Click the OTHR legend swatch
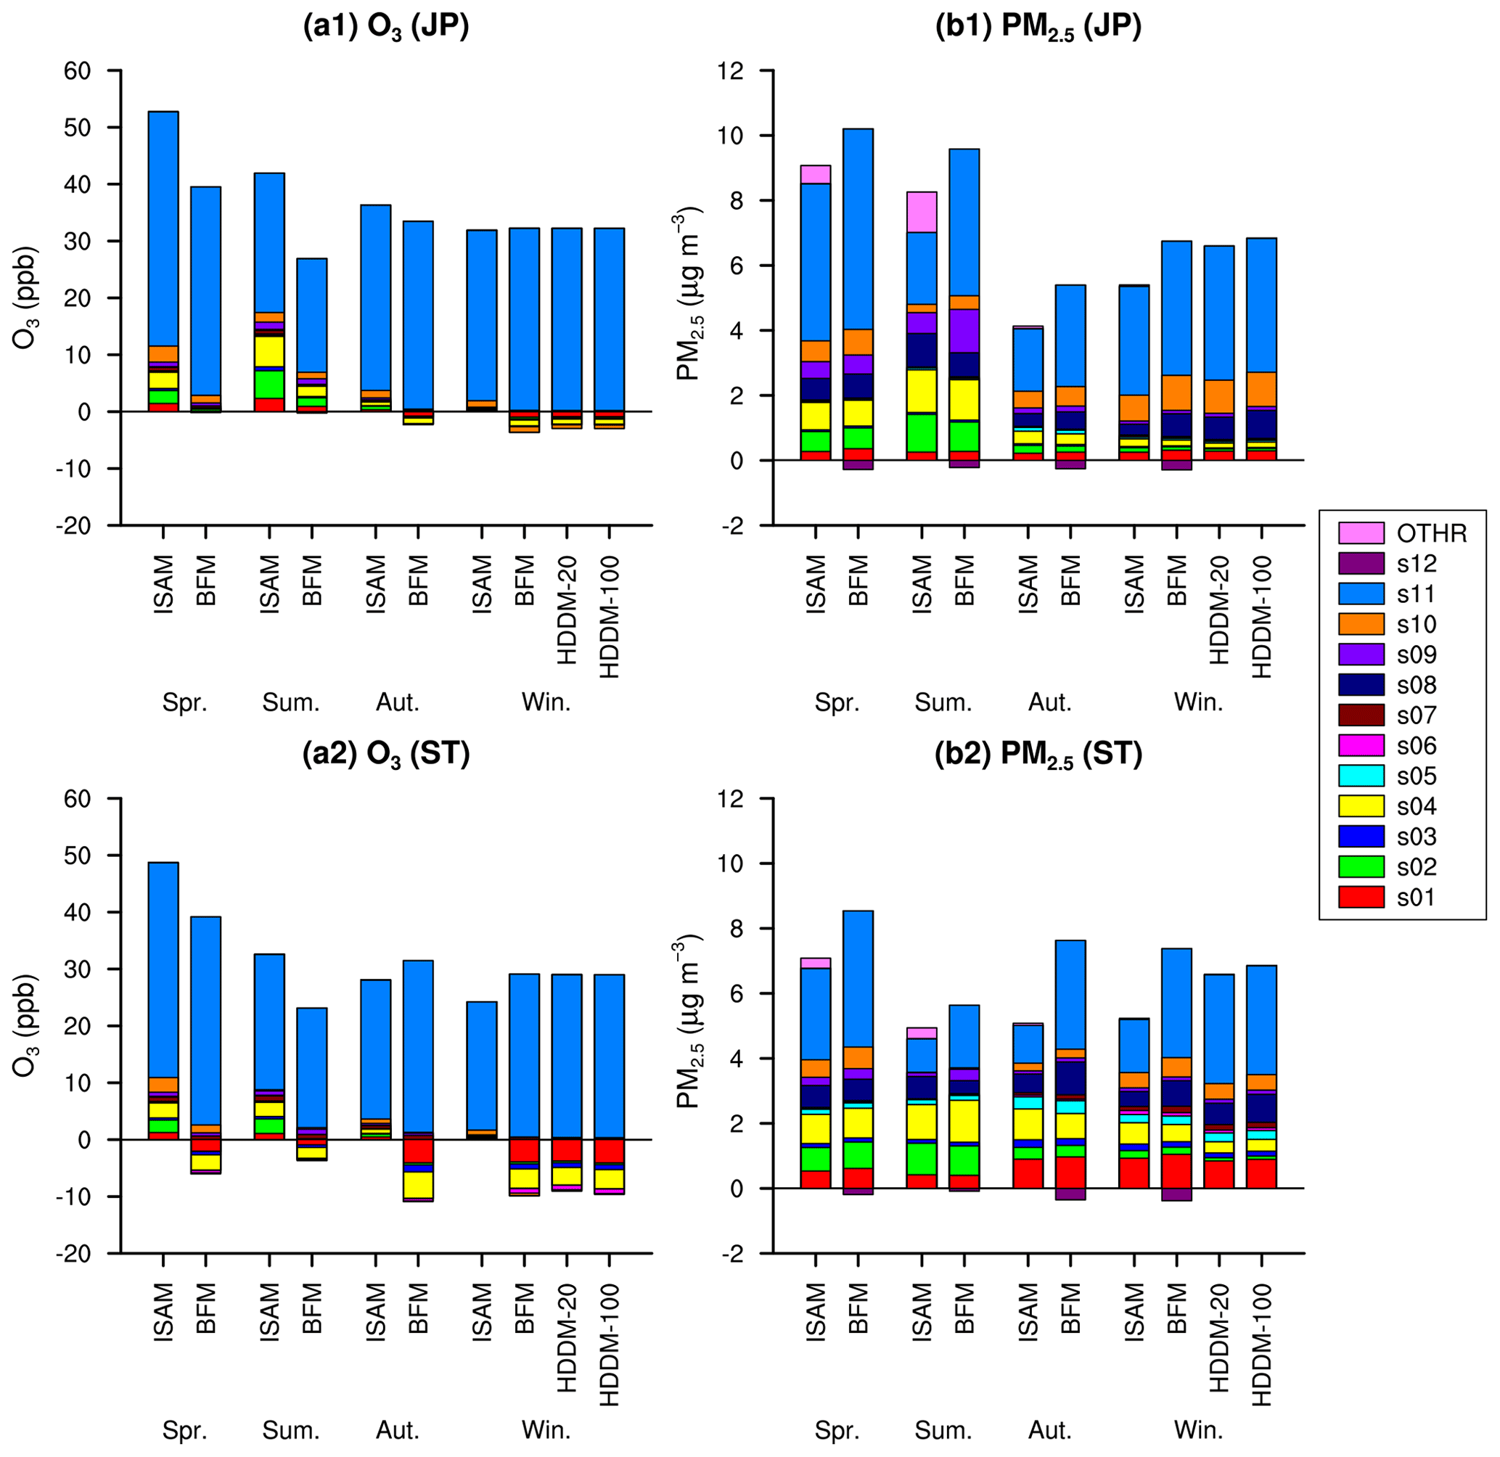point(1361,533)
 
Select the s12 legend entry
point(1361,563)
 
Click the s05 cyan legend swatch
point(1361,776)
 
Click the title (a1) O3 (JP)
point(386,28)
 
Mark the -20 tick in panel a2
point(72,1253)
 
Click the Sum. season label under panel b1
point(943,702)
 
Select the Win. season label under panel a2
point(546,1430)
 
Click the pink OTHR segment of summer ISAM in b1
point(922,212)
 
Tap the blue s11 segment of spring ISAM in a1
point(163,229)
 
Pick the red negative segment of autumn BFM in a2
point(418,1151)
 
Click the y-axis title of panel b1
point(689,295)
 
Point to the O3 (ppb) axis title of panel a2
point(26,1025)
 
